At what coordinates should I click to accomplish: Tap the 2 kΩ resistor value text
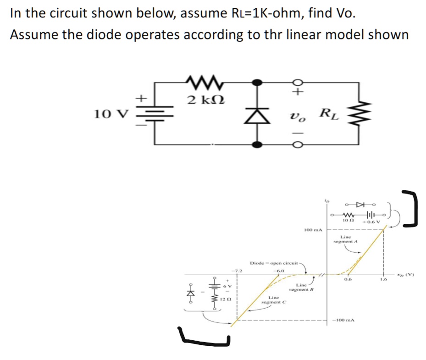(202, 100)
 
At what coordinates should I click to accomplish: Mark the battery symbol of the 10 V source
(155, 113)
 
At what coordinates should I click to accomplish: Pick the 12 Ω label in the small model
(225, 299)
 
